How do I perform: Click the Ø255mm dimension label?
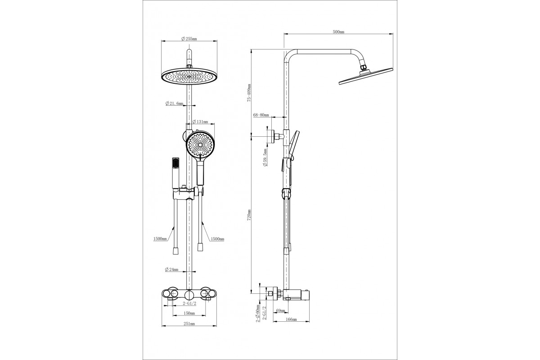click(189, 39)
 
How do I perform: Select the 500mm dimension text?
click(338, 31)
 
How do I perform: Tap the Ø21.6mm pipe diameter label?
click(174, 103)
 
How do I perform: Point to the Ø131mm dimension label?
click(200, 122)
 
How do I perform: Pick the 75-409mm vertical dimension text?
click(249, 93)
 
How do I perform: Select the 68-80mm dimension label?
click(261, 115)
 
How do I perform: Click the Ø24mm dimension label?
click(171, 270)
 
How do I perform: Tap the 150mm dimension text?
click(189, 313)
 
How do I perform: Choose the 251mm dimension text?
click(189, 324)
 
